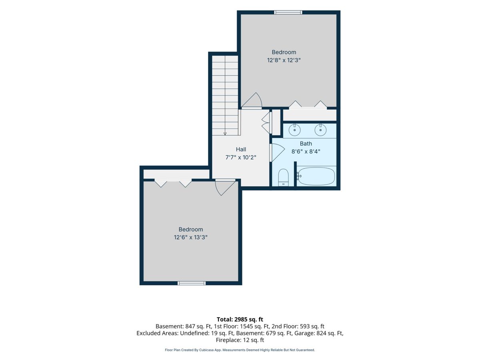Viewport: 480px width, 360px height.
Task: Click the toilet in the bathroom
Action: point(284,177)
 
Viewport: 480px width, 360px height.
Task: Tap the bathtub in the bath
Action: point(316,176)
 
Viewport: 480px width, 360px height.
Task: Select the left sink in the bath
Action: point(294,130)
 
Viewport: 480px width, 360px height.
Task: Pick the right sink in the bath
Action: point(320,130)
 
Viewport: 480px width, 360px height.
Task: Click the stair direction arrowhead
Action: point(225,134)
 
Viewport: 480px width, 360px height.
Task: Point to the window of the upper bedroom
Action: point(288,12)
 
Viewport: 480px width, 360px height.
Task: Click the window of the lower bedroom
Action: point(192,283)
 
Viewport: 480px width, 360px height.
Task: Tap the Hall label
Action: point(241,149)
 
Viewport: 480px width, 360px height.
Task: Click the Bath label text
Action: point(306,144)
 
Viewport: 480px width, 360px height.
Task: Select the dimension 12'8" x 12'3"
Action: point(284,60)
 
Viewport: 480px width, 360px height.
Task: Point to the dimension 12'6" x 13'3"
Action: point(190,237)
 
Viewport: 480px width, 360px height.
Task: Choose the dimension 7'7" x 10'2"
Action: point(241,157)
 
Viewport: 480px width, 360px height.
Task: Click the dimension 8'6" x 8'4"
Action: point(306,152)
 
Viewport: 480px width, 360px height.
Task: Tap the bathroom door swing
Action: point(277,152)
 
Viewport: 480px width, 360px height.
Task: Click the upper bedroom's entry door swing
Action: point(252,100)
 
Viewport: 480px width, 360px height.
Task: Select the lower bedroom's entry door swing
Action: point(225,188)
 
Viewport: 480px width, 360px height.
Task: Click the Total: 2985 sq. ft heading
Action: point(240,319)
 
